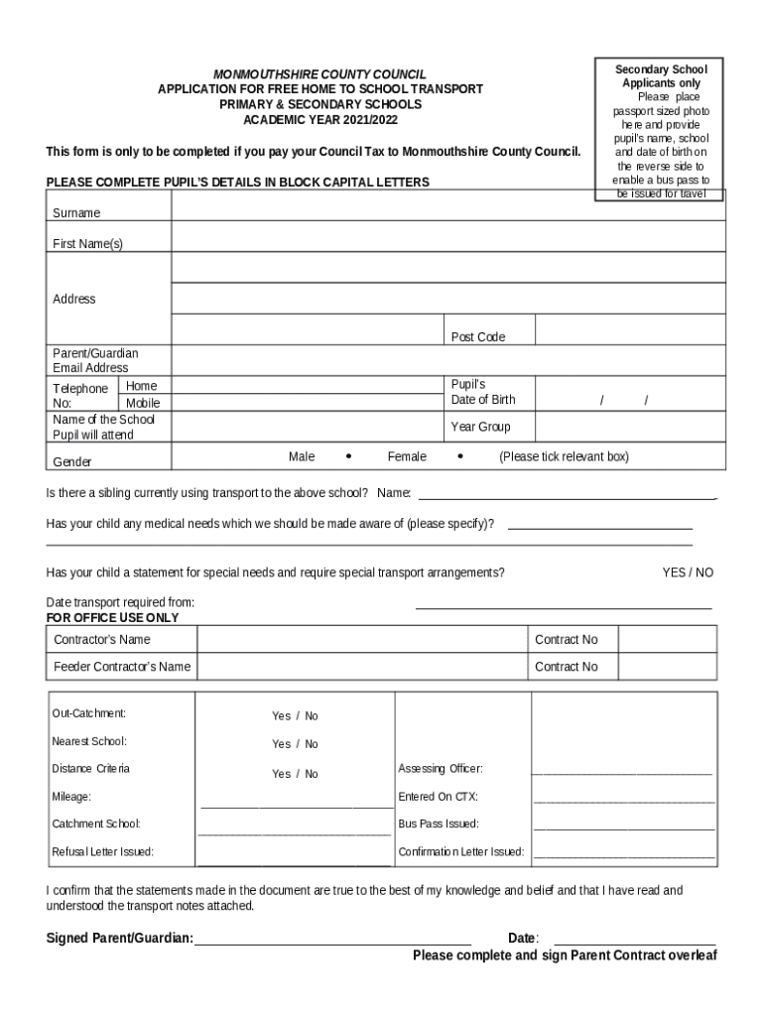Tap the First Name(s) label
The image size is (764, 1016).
coord(87,243)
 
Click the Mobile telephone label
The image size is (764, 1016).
coord(142,404)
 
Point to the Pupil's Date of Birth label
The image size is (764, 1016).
coord(483,392)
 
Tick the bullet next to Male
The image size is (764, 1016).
coord(348,456)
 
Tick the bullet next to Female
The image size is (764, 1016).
coord(460,456)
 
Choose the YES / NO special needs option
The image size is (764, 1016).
coord(688,572)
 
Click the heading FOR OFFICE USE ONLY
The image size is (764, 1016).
coord(113,617)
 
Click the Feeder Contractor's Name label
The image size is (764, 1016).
coord(122,667)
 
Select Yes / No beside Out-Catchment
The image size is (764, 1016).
coord(295,715)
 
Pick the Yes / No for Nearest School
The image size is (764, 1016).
coord(295,743)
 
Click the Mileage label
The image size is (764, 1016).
coord(71,797)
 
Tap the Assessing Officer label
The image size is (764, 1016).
coord(441,769)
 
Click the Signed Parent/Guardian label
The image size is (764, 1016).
coord(120,939)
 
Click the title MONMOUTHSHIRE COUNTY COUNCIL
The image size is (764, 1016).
coord(320,74)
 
